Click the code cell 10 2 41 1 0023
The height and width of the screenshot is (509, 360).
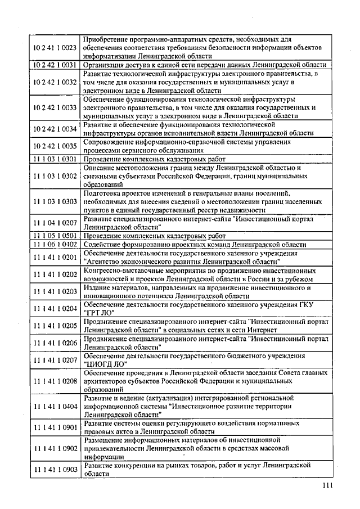pyautogui.click(x=55, y=48)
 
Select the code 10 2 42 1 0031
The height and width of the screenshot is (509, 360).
pyautogui.click(x=55, y=65)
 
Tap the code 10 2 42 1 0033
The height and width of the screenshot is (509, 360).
pyautogui.click(x=55, y=106)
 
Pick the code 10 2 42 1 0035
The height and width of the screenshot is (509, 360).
pyautogui.click(x=55, y=146)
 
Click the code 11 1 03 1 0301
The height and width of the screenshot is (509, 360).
pyautogui.click(x=55, y=159)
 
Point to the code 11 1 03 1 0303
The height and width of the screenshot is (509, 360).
pyautogui.click(x=55, y=201)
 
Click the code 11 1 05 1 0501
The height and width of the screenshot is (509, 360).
pyautogui.click(x=55, y=236)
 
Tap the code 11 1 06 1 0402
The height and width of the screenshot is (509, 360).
pyautogui.click(x=55, y=244)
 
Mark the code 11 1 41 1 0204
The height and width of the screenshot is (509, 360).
pyautogui.click(x=55, y=308)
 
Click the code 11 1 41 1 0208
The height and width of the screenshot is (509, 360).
pyautogui.click(x=55, y=381)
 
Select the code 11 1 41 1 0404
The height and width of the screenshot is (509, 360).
pyautogui.click(x=55, y=406)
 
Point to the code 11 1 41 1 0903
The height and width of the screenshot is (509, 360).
pyautogui.click(x=55, y=470)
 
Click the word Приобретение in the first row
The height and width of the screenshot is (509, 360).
pyautogui.click(x=107, y=39)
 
